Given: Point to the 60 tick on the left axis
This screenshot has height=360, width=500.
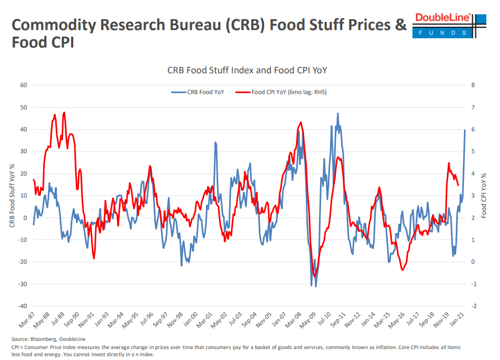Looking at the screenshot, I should (24, 85).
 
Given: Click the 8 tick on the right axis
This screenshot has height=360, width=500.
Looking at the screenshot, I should (472, 85).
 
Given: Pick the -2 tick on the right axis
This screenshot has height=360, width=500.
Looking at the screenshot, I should (473, 306).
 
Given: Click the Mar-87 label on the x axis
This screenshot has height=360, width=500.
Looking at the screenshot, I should (26, 321).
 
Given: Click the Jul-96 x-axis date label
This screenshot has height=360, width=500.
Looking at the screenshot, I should (144, 321).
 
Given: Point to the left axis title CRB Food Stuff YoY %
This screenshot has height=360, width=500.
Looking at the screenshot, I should (11, 195).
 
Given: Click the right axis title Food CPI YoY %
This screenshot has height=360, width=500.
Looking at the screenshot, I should (484, 195).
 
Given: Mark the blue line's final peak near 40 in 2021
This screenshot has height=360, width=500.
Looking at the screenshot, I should (465, 130).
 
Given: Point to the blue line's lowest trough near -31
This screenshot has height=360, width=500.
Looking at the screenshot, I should (316, 286).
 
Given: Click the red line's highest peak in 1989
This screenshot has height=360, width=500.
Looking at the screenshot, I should (65, 112).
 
